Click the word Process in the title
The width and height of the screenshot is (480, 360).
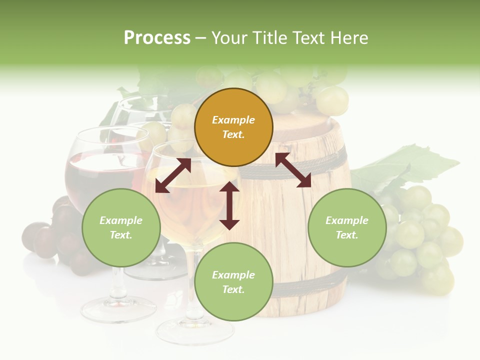157,38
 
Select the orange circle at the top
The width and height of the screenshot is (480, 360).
233,127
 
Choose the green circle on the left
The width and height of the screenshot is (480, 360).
121,227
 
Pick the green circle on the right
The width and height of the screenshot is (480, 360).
347,227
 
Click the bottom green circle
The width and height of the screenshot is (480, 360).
233,282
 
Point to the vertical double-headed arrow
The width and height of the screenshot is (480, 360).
229,205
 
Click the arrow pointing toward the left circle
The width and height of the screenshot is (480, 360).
173,176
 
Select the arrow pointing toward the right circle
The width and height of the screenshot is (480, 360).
293,170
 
